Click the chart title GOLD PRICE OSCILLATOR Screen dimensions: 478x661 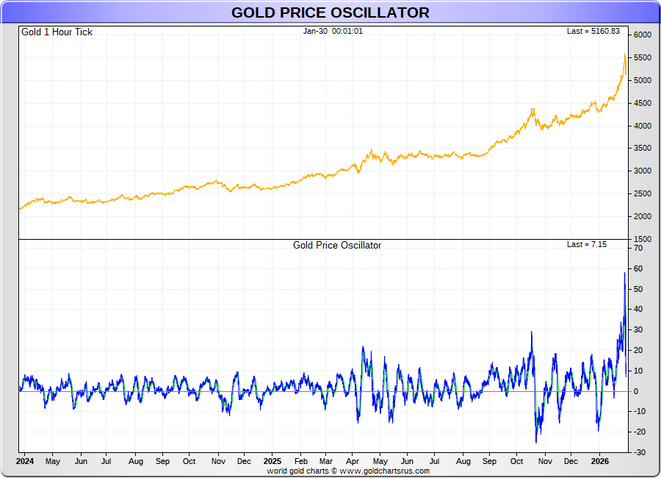pos(330,13)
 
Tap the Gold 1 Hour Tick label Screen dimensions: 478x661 pos(57,32)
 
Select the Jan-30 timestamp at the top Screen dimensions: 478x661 pos(333,31)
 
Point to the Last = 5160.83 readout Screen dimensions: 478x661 pos(593,31)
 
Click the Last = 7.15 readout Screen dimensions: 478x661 pos(587,244)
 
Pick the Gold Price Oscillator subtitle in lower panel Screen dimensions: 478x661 pos(337,245)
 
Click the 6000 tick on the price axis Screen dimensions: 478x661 pos(643,35)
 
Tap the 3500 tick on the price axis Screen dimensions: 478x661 pos(643,149)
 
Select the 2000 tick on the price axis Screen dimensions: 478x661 pos(643,217)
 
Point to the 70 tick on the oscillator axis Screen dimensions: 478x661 pos(639,249)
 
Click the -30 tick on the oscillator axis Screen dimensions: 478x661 pos(638,452)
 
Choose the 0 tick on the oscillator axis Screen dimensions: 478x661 pos(637,391)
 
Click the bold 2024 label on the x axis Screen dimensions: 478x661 pos(25,461)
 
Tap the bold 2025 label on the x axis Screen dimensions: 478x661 pos(272,461)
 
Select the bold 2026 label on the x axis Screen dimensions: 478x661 pos(599,461)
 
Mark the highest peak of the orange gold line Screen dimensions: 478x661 pos(624,54)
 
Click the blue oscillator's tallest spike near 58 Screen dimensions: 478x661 pos(625,273)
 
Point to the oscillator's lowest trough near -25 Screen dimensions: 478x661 pos(536,442)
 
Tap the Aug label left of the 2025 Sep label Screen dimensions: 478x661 pos(463,462)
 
